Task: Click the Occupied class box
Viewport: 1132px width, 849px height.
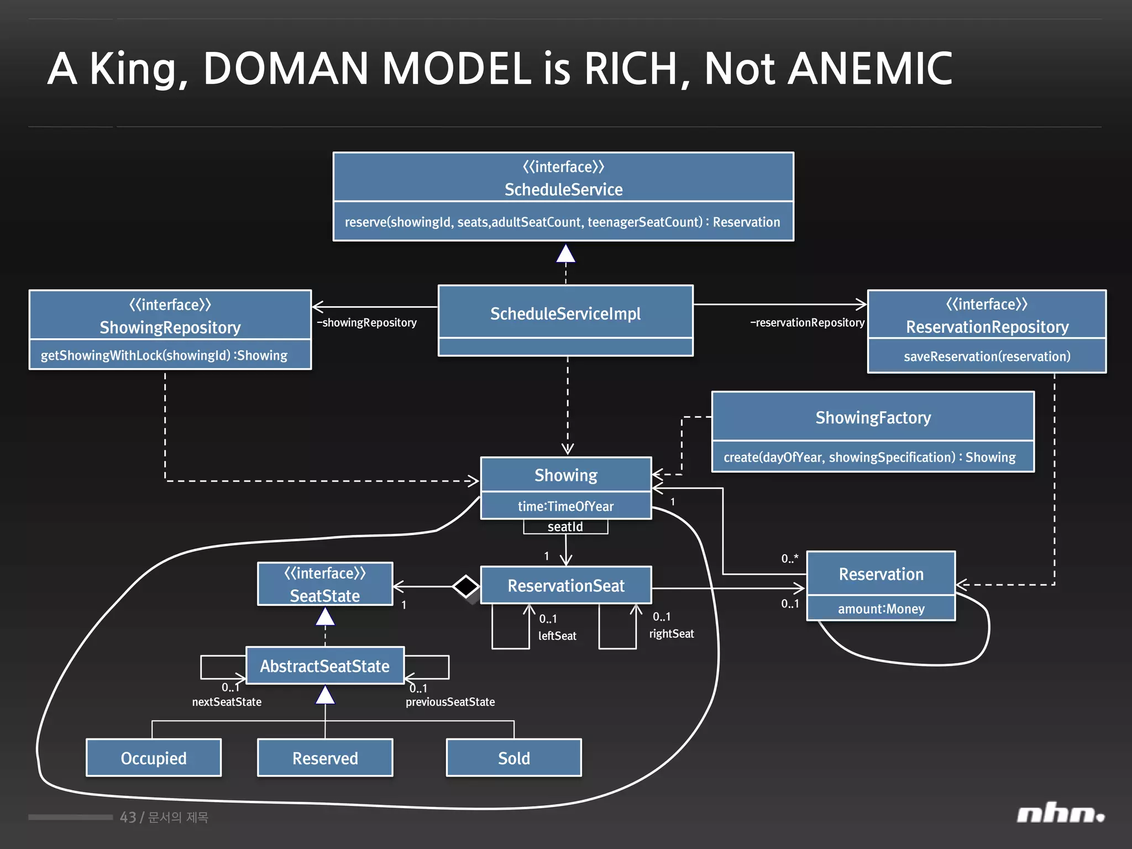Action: click(154, 758)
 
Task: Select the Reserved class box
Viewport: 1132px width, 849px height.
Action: click(325, 758)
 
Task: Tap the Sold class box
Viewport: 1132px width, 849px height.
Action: click(513, 758)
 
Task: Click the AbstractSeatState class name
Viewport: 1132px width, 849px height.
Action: click(325, 666)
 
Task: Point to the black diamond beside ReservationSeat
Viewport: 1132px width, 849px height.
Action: click(466, 586)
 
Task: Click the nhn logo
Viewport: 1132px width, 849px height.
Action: click(1060, 814)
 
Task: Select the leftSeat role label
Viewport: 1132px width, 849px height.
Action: click(557, 636)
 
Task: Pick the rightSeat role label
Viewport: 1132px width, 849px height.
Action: click(671, 634)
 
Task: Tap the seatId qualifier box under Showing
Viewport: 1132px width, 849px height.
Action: click(565, 527)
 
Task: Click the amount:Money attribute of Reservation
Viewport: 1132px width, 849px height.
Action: click(881, 609)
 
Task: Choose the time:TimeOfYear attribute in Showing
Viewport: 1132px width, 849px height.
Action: click(565, 506)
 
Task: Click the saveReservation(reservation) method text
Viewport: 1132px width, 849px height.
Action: click(987, 357)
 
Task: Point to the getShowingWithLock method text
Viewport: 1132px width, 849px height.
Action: click(164, 355)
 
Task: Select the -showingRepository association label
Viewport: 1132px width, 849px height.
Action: click(367, 323)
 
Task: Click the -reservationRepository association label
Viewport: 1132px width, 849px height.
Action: click(807, 323)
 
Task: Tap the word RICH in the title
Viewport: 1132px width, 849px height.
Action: click(630, 69)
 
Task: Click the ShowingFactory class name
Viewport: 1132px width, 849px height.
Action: click(873, 417)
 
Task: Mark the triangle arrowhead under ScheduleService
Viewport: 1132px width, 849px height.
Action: click(565, 254)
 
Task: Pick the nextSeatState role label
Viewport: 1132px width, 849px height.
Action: click(227, 702)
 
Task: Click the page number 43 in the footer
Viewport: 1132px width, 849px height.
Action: click(128, 817)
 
